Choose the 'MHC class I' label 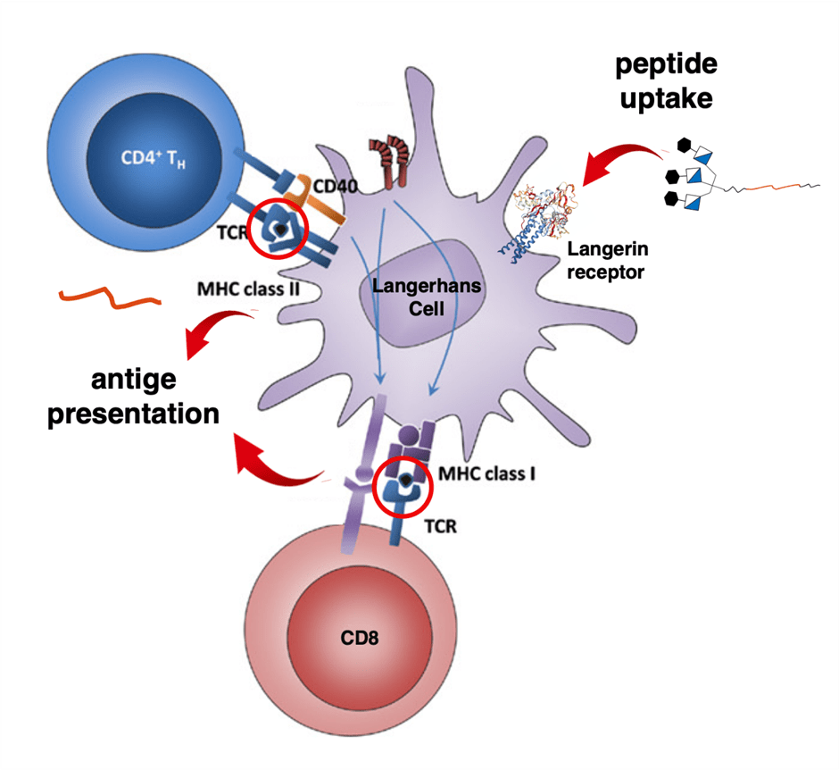pyautogui.click(x=487, y=473)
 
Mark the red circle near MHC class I pyautogui.click(x=403, y=487)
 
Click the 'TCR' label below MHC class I pyautogui.click(x=438, y=526)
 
